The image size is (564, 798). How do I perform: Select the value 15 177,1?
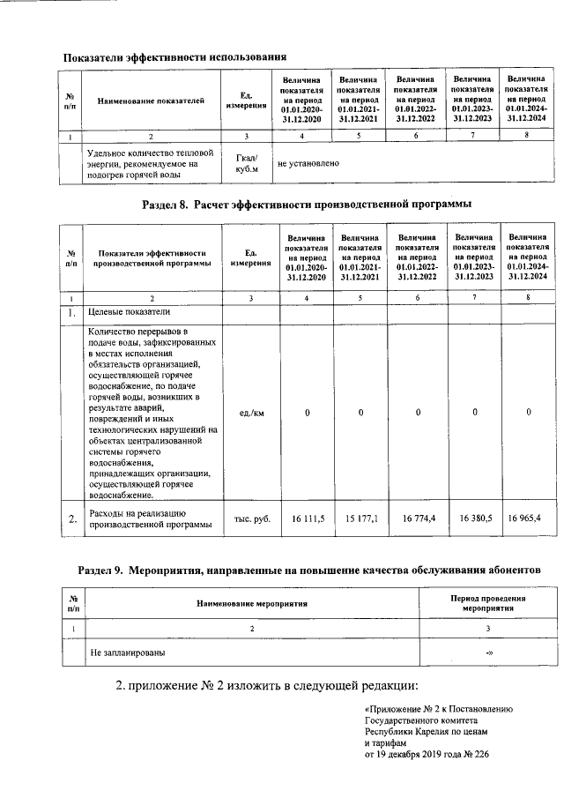[361, 519]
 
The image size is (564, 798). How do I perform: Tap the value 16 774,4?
[418, 519]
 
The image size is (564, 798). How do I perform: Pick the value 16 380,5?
[474, 519]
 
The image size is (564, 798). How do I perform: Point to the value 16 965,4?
[528, 519]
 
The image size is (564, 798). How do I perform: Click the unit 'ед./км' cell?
[251, 413]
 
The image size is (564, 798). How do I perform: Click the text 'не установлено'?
[308, 163]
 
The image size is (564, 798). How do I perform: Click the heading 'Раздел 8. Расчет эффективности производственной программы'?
[306, 205]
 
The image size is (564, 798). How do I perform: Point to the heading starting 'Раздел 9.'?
[308, 570]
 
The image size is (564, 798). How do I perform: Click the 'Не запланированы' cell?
[128, 653]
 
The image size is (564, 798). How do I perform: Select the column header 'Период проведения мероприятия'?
[487, 603]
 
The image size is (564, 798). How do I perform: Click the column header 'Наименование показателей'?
[151, 101]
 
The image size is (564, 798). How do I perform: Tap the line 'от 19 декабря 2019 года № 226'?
[426, 755]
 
